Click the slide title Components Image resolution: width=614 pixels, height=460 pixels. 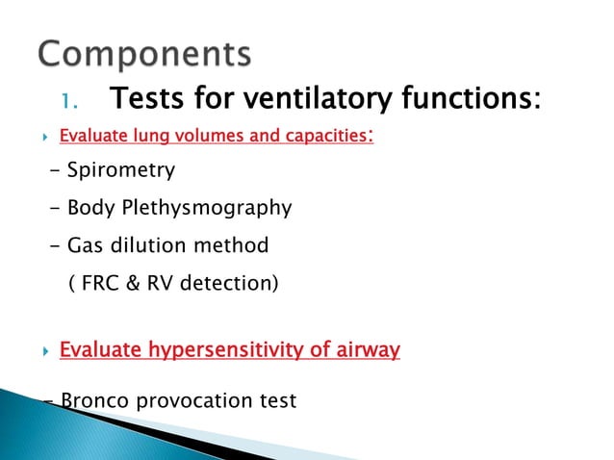(x=144, y=53)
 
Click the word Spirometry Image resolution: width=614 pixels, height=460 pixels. (x=120, y=171)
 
